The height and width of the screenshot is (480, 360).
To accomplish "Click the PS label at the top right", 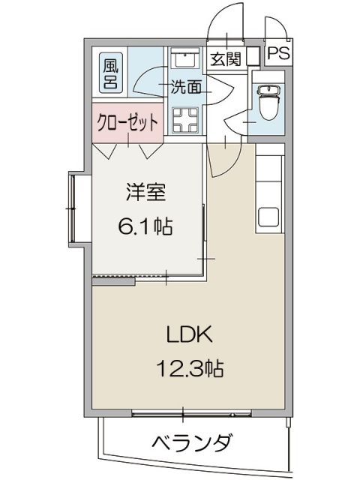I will click(279, 53).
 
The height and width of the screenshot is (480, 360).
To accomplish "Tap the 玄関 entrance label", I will click(225, 58).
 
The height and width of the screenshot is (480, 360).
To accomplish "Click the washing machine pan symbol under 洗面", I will click(184, 118).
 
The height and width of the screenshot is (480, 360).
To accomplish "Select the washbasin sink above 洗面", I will click(182, 61).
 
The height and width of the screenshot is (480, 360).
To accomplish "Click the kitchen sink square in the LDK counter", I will click(269, 216).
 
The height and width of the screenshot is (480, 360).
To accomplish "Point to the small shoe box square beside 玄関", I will click(253, 55).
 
